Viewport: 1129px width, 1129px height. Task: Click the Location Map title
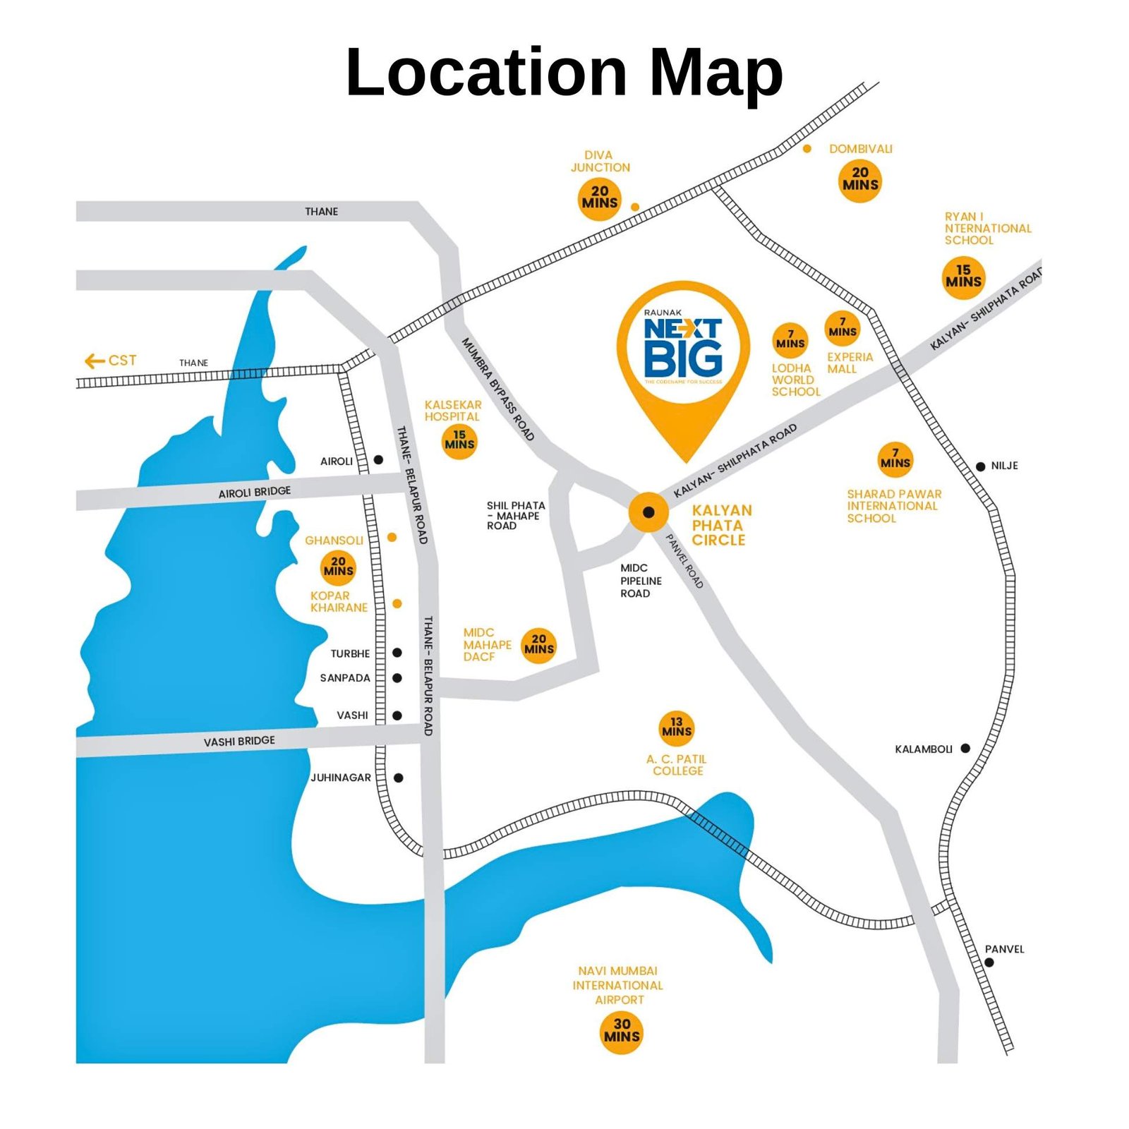point(564,72)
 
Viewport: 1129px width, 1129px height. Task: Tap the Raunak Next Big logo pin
point(682,353)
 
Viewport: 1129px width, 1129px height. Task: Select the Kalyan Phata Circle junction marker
point(648,512)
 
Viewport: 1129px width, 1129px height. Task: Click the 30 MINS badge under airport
point(622,1030)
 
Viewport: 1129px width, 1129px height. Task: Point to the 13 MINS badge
point(677,727)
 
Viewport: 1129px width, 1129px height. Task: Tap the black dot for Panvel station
point(989,962)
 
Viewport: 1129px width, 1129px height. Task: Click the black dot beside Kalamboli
point(965,748)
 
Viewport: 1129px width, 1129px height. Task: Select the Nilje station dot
point(981,466)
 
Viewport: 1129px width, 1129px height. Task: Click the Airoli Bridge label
point(254,492)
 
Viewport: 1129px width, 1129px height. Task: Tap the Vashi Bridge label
point(239,741)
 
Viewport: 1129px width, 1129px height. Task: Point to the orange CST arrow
point(95,361)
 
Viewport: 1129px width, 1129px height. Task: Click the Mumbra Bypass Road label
point(497,389)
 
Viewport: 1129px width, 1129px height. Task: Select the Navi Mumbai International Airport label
point(618,985)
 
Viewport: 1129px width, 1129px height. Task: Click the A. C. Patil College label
point(677,765)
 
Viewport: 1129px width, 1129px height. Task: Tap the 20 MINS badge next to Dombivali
point(860,179)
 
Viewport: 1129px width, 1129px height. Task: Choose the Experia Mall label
point(850,363)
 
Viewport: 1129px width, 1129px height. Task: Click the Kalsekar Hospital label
point(453,411)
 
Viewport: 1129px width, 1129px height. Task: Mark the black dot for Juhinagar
point(399,778)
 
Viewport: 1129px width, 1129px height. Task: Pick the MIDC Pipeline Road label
point(641,581)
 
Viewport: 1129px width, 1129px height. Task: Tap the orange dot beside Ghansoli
point(392,538)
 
